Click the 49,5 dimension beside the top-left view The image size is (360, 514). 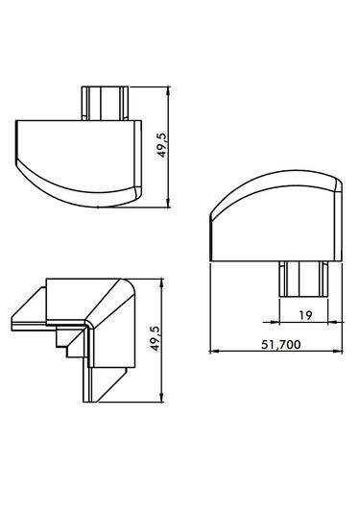(x=162, y=145)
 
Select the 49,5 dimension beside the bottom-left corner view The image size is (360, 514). (x=155, y=338)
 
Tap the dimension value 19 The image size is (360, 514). (x=305, y=315)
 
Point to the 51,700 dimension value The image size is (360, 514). (x=280, y=345)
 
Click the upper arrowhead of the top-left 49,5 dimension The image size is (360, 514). (x=168, y=91)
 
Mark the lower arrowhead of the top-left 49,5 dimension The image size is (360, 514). (x=168, y=203)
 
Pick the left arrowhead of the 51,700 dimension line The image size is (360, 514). (x=214, y=352)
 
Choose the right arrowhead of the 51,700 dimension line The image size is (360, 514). (x=338, y=352)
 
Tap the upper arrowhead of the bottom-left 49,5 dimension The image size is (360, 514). (x=161, y=283)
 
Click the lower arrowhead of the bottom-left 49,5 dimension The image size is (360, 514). (x=161, y=398)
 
